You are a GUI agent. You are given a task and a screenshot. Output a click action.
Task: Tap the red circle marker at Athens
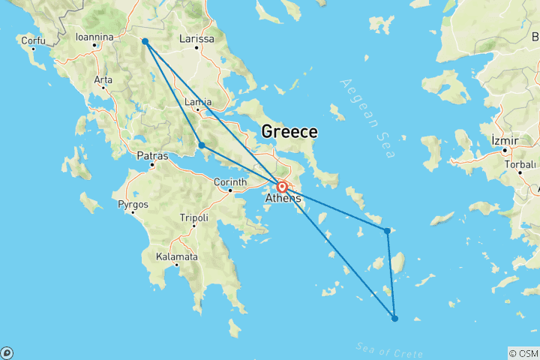(x=282, y=187)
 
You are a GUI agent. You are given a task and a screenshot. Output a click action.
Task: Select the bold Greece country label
(x=289, y=132)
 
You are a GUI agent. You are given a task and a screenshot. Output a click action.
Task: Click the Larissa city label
(x=198, y=38)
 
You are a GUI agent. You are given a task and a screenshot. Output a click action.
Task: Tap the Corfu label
(x=33, y=40)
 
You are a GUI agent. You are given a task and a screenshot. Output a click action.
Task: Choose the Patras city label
(x=152, y=156)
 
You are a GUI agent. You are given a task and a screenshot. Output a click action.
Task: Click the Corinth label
(x=230, y=182)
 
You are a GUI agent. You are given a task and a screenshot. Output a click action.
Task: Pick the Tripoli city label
(x=193, y=218)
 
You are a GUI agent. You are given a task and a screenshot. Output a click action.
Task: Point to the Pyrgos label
(x=133, y=203)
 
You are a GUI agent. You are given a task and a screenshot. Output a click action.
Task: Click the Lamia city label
(x=198, y=102)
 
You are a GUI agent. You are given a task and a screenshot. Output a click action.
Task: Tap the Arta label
(x=103, y=79)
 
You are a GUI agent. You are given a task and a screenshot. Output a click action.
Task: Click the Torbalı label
(x=520, y=163)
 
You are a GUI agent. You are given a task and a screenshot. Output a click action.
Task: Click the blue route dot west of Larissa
(x=145, y=41)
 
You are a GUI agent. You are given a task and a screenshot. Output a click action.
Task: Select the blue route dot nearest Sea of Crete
(x=395, y=318)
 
